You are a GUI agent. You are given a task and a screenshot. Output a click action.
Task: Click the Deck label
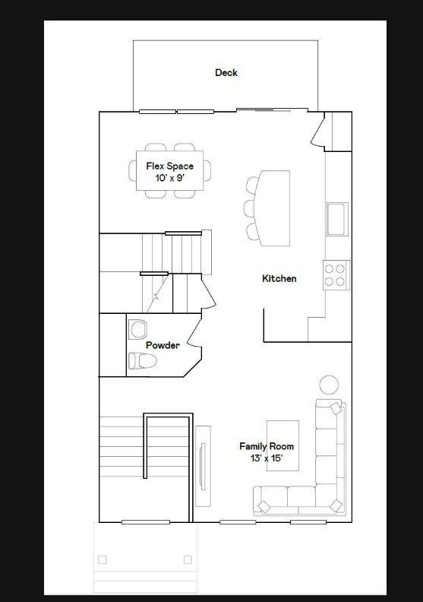point(226,73)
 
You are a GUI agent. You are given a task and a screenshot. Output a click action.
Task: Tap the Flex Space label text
point(169,166)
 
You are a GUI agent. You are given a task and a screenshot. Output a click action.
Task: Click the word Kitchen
point(279,279)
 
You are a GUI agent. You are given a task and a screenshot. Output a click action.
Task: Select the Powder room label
point(163,346)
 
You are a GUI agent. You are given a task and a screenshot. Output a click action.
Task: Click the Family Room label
point(266,446)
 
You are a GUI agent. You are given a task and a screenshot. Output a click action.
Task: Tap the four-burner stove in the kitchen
point(336,274)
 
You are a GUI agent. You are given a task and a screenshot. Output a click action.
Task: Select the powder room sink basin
point(137,329)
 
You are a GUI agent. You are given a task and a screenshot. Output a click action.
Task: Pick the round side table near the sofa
point(328,385)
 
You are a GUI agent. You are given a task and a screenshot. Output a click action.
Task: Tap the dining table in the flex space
point(169,173)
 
